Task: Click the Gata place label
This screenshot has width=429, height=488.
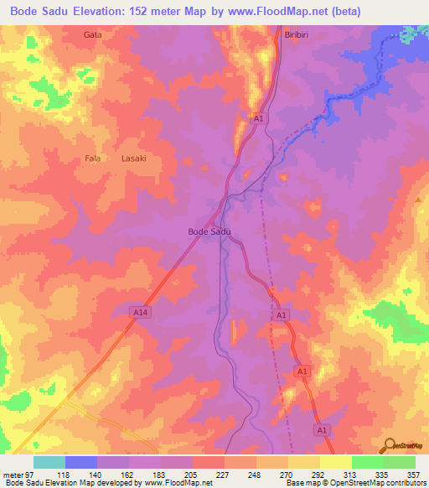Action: pos(93,35)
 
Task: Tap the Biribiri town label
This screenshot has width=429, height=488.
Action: pos(298,35)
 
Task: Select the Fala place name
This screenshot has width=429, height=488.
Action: pos(93,158)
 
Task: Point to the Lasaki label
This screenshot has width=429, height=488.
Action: pos(134,158)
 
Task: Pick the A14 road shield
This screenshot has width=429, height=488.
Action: pos(142,312)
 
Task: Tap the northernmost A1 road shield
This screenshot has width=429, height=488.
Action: pos(259,120)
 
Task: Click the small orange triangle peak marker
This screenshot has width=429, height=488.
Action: pos(418,200)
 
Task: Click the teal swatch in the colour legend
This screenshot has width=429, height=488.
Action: pos(49,462)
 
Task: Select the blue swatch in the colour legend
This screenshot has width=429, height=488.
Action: pos(81,462)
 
